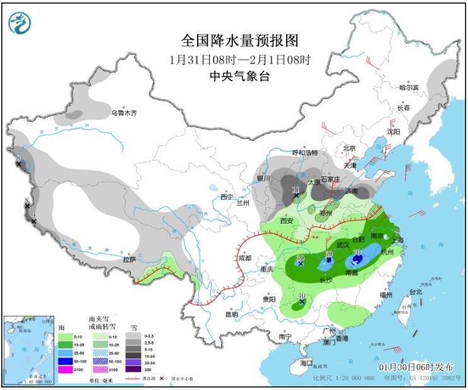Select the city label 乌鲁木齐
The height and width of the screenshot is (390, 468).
(x=124, y=113)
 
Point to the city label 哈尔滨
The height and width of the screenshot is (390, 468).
(x=409, y=88)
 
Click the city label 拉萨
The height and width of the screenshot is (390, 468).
(x=129, y=259)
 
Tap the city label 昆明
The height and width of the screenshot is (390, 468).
(x=232, y=314)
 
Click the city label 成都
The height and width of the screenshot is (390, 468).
(x=245, y=258)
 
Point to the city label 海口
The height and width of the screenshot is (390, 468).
(x=306, y=364)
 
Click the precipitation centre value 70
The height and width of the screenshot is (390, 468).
(x=357, y=253)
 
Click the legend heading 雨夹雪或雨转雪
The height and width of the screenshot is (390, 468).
(x=102, y=326)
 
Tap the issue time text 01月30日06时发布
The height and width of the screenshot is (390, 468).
(x=419, y=367)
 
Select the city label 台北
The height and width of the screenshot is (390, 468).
(x=416, y=292)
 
